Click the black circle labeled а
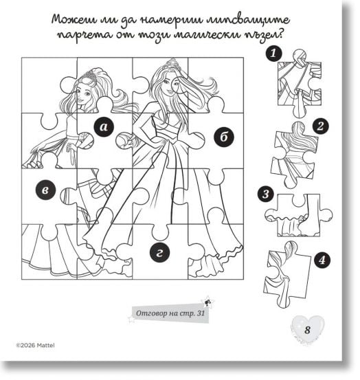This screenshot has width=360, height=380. pos(104,126)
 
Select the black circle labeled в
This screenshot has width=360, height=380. pos(45,190)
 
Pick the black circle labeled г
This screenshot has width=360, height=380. pos(159,252)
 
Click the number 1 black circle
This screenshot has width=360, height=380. pos(273,53)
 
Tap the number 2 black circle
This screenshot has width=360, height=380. pos(320,126)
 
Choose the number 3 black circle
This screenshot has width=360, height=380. pos(266,194)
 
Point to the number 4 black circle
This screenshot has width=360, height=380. pos(322,260)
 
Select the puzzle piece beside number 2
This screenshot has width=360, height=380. pos(294,155)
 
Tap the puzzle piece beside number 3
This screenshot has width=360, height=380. pos(299,214)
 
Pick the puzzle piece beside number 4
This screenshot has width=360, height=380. pos(287,274)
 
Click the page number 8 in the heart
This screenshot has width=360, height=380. pos(307,330)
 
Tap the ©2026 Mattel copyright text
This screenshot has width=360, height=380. pos(35,345)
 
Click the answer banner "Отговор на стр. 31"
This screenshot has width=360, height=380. pos(170,313)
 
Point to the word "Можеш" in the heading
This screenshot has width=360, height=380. pos(75,20)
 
